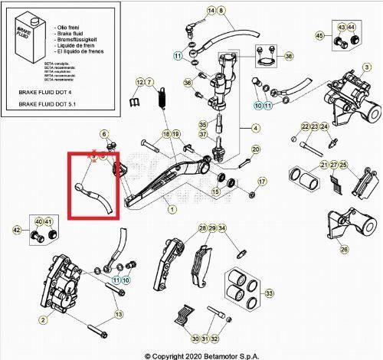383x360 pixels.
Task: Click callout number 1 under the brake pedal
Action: tap(172, 209)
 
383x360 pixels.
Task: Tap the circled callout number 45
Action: tap(320, 35)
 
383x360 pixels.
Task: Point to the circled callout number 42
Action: tap(17, 229)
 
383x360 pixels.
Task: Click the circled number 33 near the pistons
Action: tap(268, 293)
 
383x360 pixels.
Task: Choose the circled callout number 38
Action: tap(289, 57)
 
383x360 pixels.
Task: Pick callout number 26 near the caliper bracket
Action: tap(344, 249)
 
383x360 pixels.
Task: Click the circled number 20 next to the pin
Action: tap(256, 149)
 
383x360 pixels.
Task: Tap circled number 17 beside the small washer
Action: tap(261, 182)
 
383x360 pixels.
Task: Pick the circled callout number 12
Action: tap(140, 81)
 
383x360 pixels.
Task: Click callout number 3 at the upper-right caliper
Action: tap(367, 67)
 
